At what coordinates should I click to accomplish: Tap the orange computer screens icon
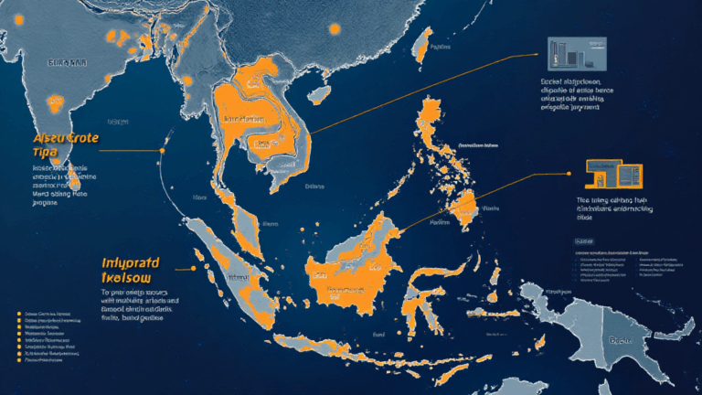click(614, 176)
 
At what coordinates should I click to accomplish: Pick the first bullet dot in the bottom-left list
click(19, 314)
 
